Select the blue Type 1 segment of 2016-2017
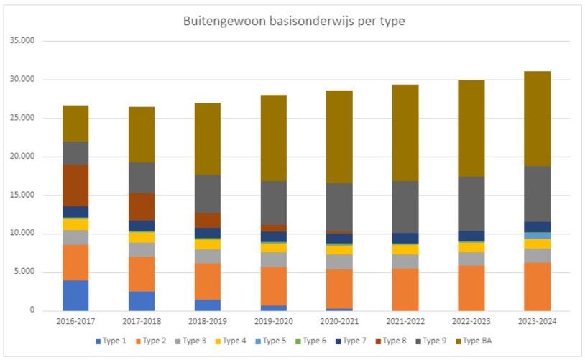click(75, 295)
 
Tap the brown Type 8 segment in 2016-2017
click(75, 185)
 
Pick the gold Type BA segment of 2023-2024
click(533, 119)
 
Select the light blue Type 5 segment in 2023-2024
click(533, 235)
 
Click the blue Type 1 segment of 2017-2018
click(141, 300)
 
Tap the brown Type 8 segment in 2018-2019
click(206, 220)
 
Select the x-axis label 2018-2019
click(206, 323)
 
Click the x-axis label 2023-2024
click(533, 323)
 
